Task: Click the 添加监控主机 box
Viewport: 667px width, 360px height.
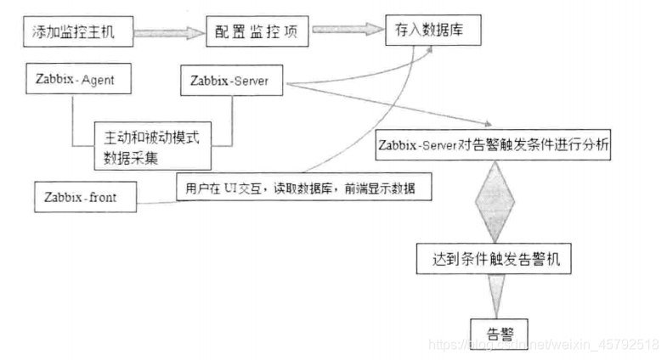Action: pyautogui.click(x=76, y=34)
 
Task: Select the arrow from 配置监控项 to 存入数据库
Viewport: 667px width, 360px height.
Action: pyautogui.click(x=345, y=31)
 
